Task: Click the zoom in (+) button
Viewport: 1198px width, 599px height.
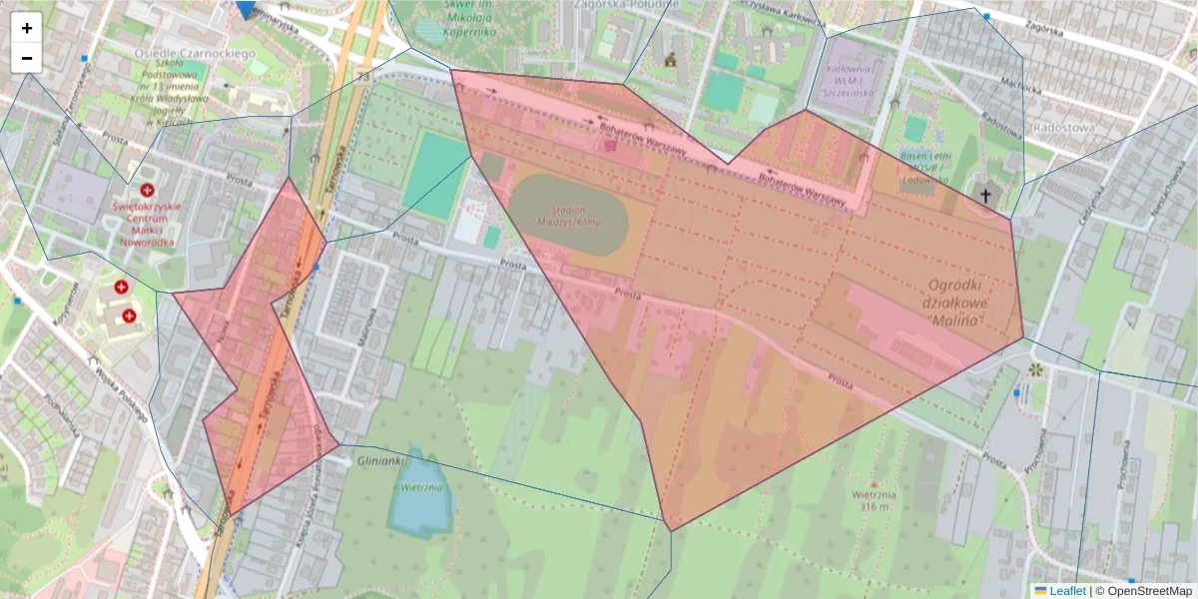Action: tap(27, 28)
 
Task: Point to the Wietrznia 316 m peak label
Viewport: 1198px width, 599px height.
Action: tap(871, 499)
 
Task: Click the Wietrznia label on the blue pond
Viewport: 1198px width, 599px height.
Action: tap(420, 488)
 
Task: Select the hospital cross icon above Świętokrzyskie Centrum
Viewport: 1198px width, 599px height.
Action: tap(148, 190)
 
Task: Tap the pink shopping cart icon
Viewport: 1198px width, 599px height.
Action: tap(609, 145)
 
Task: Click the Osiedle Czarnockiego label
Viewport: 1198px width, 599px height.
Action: tap(195, 52)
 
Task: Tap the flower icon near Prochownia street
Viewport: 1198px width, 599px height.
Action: tap(1035, 369)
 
